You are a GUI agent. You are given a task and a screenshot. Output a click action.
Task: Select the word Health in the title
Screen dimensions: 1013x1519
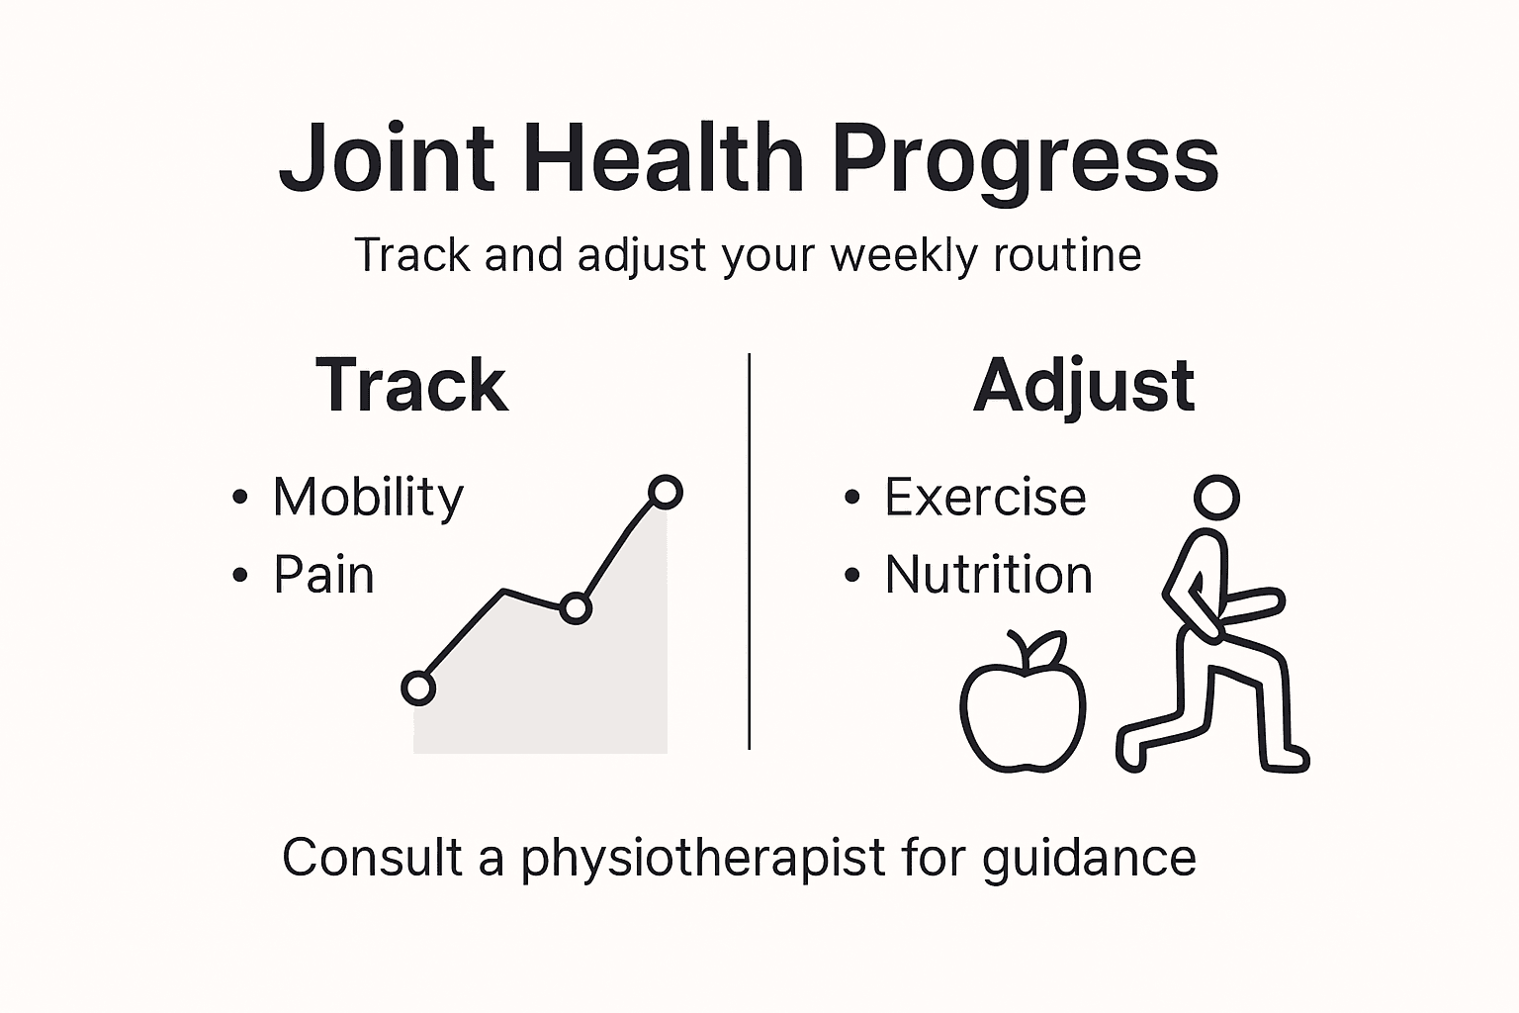coord(664,158)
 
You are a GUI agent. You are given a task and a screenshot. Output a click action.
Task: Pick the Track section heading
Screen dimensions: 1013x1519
coord(411,385)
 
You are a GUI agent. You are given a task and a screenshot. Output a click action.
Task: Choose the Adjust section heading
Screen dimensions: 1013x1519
coord(1084,387)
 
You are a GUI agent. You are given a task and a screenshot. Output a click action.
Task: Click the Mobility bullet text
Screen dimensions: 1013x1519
coord(368,497)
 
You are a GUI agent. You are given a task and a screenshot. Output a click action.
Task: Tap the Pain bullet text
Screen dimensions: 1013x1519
coord(323,575)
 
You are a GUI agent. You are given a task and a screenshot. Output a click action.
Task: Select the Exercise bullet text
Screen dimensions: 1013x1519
coord(985,497)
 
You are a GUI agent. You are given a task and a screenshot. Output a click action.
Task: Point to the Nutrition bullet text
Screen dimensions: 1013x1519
coord(988,575)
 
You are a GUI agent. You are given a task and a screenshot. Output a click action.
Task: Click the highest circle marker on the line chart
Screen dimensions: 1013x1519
coord(666,492)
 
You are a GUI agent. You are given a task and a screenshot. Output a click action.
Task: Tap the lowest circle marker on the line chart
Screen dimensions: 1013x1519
coord(418,688)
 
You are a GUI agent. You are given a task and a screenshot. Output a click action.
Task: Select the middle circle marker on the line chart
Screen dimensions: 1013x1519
coord(576,608)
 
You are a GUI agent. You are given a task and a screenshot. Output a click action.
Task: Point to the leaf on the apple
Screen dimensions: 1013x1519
coord(1047,650)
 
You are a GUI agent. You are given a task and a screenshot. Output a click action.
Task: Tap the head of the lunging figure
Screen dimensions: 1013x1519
coord(1216,498)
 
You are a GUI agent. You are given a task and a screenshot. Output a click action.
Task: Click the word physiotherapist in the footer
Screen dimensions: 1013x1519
coord(703,858)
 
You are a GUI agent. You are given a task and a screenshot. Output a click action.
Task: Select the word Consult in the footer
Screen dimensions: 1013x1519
coord(372,857)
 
